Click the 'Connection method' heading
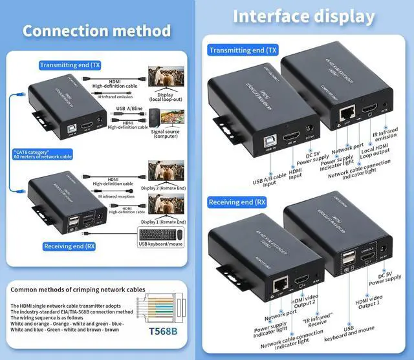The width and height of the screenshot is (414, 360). tap(97, 30)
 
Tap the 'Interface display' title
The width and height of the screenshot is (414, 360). tap(304, 16)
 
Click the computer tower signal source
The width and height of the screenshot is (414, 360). tap(153, 118)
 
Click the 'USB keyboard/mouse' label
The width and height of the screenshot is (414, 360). tap(161, 244)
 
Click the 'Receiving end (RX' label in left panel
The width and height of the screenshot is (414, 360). tap(69, 246)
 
